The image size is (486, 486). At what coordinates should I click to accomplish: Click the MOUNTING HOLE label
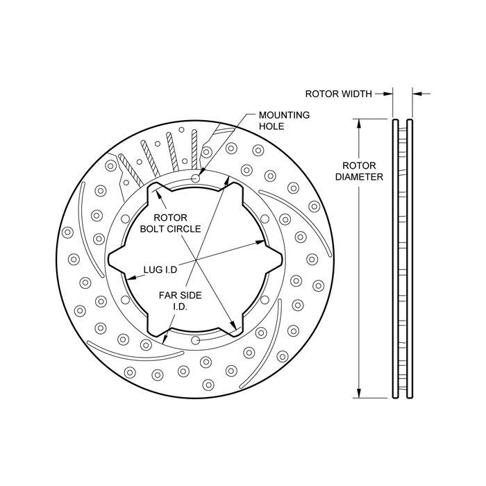(x=284, y=121)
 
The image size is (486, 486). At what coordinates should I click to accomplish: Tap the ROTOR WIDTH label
(x=338, y=92)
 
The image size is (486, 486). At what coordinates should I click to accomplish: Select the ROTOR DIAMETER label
(x=359, y=171)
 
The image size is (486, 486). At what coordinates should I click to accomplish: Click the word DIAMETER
(x=359, y=176)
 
